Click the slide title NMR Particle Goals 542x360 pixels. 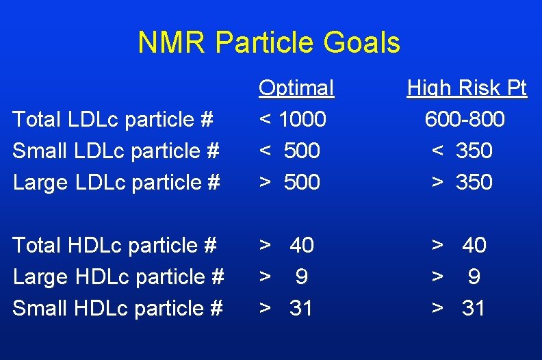coord(268,42)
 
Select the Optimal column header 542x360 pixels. coord(296,88)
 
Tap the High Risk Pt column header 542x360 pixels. coord(467,88)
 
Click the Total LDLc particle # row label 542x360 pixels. coord(114,120)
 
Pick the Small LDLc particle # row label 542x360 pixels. coord(115,151)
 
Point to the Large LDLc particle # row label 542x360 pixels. coord(116,182)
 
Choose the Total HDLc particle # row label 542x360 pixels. coord(115,244)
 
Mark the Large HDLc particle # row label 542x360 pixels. coord(118,277)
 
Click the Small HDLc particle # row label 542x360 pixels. coord(117,308)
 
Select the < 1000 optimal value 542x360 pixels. coord(292,120)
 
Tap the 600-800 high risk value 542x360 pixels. coord(465,120)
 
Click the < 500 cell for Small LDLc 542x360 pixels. coord(289,151)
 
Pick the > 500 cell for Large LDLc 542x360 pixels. coord(289,182)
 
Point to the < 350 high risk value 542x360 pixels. coord(462,151)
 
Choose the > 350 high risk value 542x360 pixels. coord(462,182)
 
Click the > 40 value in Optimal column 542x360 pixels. coord(286,244)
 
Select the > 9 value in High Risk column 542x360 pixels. coord(455,277)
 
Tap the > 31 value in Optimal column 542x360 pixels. coord(285,308)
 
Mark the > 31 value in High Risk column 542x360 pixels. coord(458,308)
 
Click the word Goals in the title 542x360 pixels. coord(363,42)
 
